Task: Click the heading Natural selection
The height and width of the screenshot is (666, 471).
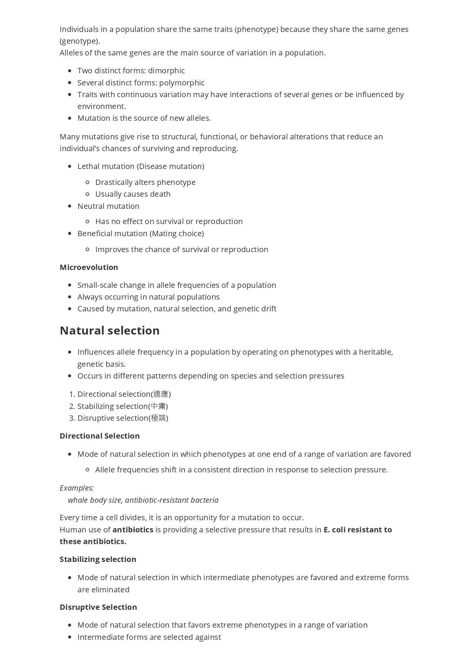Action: [x=109, y=331]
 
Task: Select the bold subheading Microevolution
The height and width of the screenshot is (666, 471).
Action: [x=89, y=267]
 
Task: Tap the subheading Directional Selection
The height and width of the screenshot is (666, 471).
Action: [x=100, y=436]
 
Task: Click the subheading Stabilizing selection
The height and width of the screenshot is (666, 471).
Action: [x=98, y=559]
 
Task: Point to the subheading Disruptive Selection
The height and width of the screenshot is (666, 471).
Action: [x=98, y=607]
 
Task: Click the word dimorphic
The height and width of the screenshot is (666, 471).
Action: [x=166, y=71]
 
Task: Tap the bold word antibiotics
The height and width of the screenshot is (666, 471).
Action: [x=133, y=530]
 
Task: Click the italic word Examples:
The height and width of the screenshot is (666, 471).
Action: [x=77, y=488]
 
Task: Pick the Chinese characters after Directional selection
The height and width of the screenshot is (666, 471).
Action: [x=161, y=395]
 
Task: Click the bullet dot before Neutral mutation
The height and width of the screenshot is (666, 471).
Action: [x=70, y=206]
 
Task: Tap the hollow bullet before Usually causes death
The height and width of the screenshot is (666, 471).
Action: [x=87, y=194]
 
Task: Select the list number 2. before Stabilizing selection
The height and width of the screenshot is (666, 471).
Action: [x=72, y=406]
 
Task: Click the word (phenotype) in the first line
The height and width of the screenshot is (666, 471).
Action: [x=257, y=30]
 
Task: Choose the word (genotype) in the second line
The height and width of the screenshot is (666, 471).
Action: [x=79, y=41]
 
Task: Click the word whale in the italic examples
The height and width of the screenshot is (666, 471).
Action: [x=78, y=500]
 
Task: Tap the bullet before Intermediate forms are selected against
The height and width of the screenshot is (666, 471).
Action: [x=70, y=637]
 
